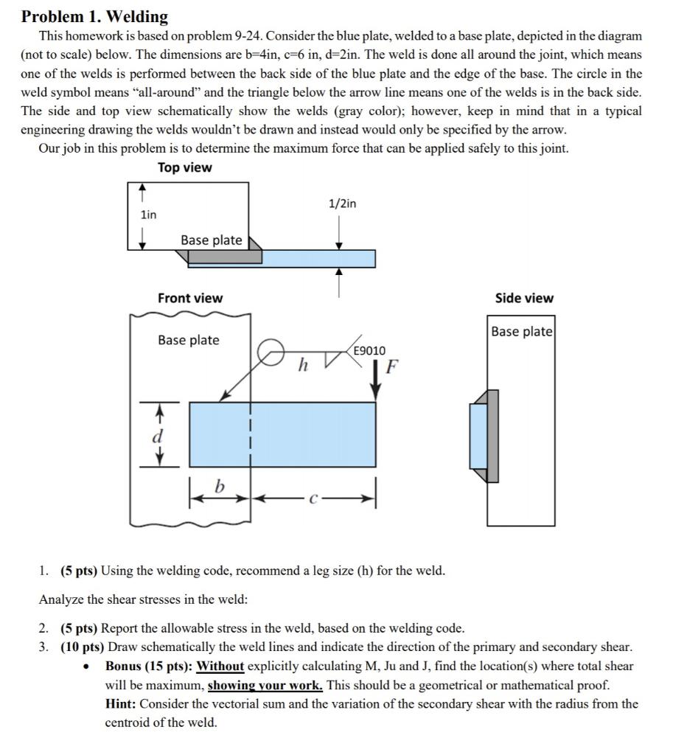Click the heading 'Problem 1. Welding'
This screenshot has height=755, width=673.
(94, 16)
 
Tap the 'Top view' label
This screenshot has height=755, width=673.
(184, 167)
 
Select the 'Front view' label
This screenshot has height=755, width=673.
(189, 298)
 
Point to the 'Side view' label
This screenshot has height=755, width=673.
(524, 298)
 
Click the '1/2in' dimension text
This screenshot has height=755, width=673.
(342, 203)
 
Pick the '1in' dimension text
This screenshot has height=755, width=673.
(148, 215)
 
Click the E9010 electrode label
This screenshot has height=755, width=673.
(369, 351)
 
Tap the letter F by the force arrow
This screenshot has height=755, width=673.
(391, 366)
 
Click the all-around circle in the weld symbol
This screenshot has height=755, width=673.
(269, 352)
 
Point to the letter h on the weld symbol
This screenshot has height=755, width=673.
(302, 366)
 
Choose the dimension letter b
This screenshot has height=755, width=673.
(219, 487)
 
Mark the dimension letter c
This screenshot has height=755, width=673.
(313, 498)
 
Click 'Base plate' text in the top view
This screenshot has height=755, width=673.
(211, 240)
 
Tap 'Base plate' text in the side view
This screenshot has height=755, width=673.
(522, 331)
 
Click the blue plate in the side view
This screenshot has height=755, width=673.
(478, 436)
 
